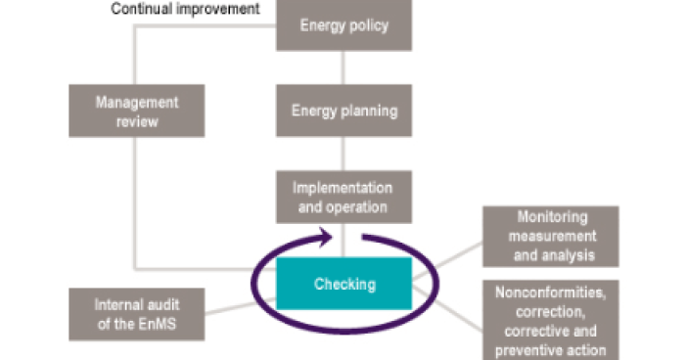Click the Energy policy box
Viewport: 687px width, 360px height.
[343, 24]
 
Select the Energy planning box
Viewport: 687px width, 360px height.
[343, 111]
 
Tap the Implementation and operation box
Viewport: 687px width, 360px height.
[343, 197]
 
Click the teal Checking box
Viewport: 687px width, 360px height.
[343, 285]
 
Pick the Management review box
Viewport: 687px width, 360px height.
[138, 110]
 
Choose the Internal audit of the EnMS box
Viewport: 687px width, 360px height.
[138, 312]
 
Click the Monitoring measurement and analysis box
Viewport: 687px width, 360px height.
[551, 237]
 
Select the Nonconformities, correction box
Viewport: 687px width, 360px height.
[551, 320]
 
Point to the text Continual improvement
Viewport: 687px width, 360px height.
[186, 9]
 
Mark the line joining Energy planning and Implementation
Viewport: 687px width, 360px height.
[343, 154]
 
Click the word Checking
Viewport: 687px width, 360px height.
[343, 285]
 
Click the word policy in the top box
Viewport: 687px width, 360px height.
[369, 24]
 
